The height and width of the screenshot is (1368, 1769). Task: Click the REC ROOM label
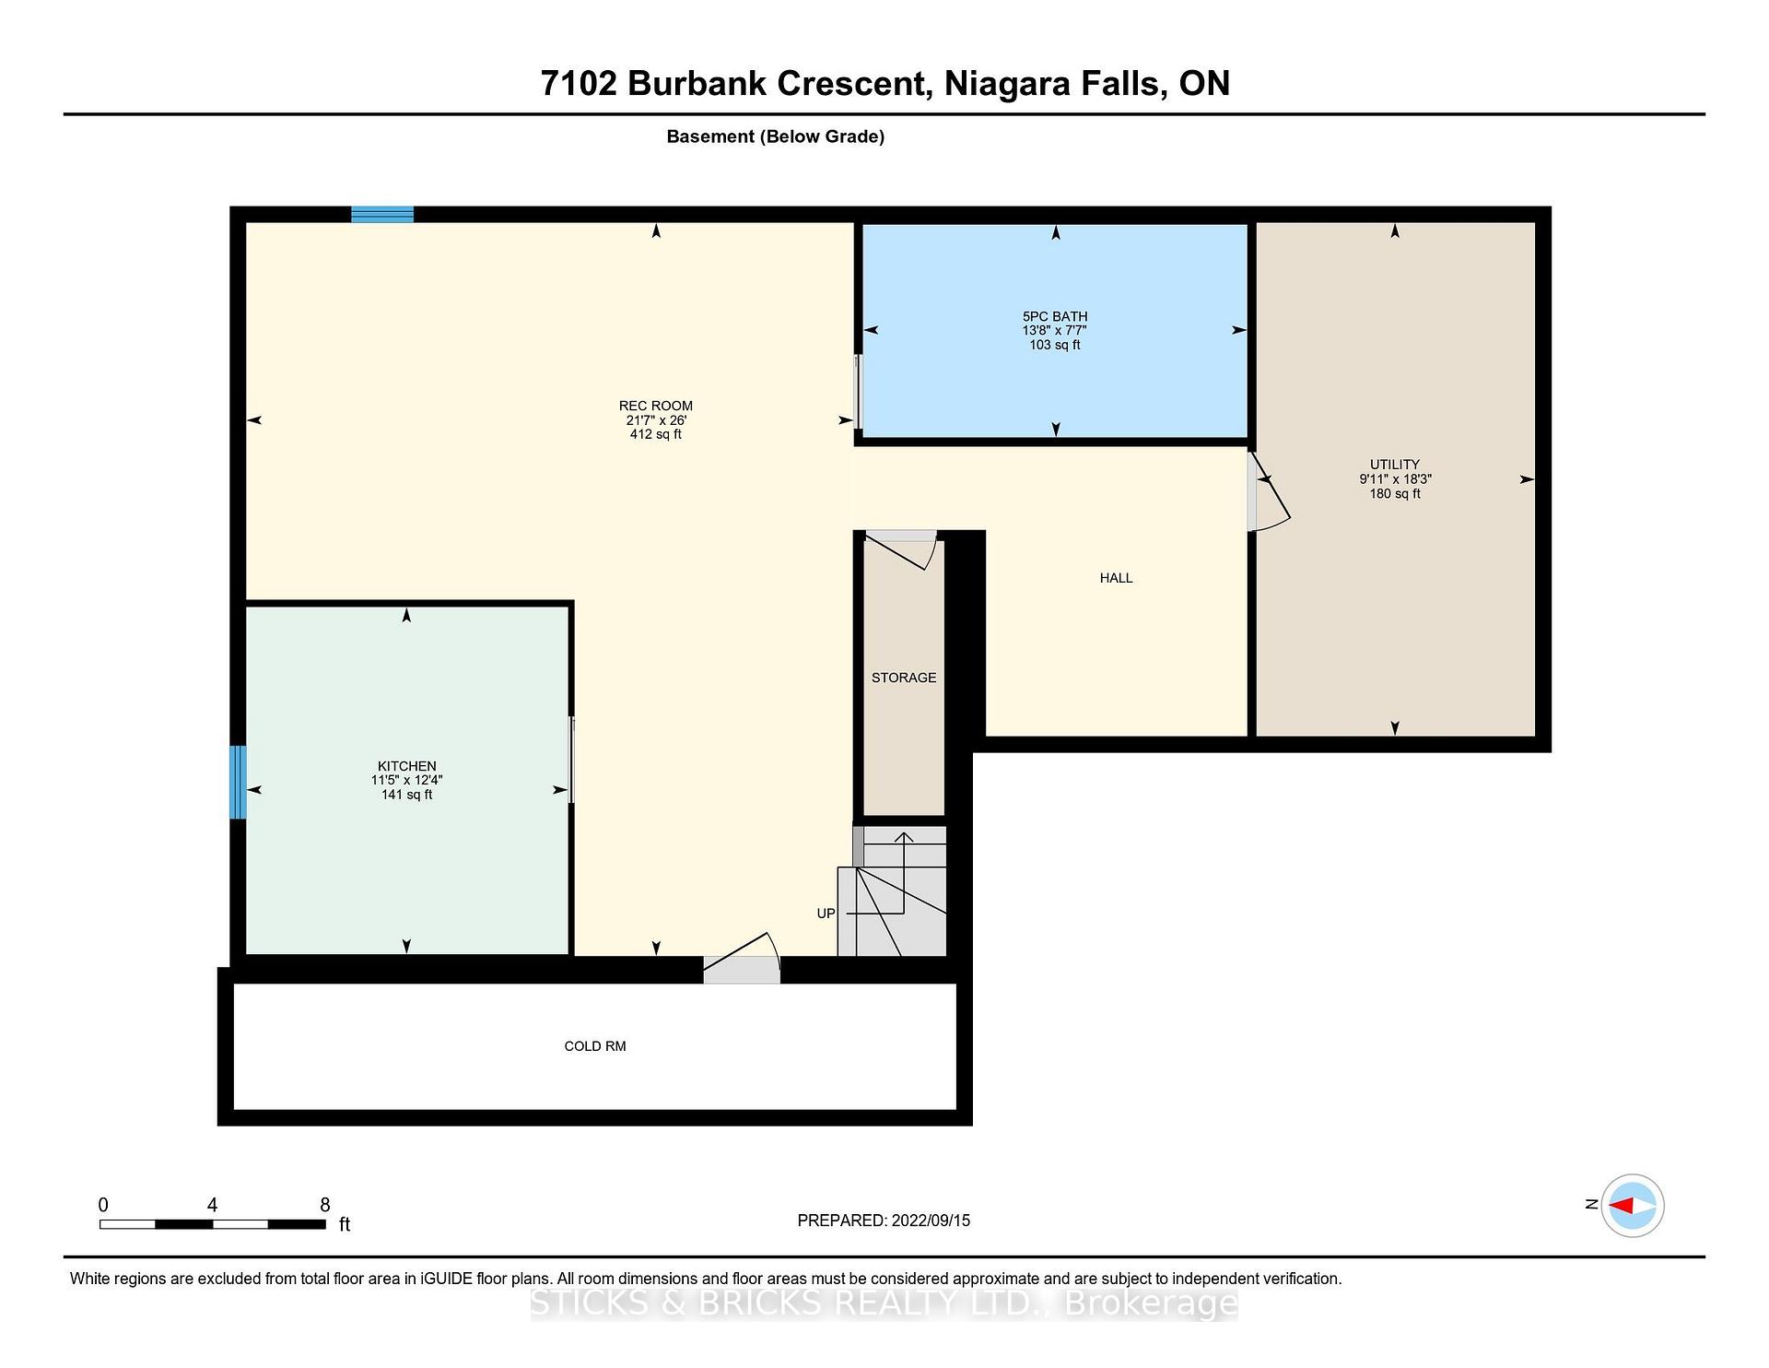[x=655, y=406]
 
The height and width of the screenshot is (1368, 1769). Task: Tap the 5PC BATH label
[x=1055, y=316]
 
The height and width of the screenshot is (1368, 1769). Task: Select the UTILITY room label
[x=1394, y=465]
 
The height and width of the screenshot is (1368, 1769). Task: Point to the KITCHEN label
[x=406, y=766]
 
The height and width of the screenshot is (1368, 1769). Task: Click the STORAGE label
[x=904, y=678]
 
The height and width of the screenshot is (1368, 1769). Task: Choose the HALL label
[x=1116, y=578]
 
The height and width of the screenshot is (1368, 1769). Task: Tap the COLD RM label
[x=595, y=1046]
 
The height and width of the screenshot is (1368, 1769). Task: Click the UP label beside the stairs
[x=826, y=914]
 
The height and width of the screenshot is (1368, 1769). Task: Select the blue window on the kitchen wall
[x=238, y=782]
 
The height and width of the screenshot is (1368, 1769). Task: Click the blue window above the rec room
[x=382, y=215]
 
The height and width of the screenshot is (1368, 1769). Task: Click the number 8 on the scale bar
[x=324, y=1205]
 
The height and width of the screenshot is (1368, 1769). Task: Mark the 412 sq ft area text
[x=655, y=434]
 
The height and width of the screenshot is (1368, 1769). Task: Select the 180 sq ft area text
[x=1394, y=493]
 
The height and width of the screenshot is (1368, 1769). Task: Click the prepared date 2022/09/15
[x=931, y=1221]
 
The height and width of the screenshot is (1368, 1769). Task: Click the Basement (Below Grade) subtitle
[x=775, y=137]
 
